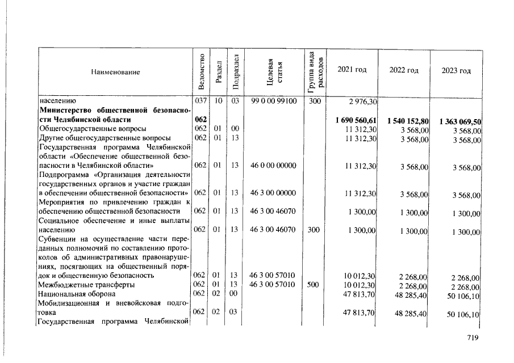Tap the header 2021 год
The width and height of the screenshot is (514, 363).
tap(352, 69)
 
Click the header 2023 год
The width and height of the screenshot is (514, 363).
tap(456, 71)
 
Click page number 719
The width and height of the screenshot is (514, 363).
tap(472, 337)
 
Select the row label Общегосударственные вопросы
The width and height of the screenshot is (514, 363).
tap(84, 129)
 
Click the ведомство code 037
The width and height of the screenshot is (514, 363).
tap(200, 101)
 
